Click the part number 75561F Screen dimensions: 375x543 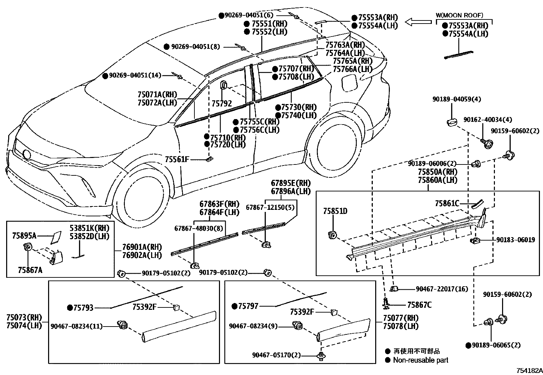tap(177, 159)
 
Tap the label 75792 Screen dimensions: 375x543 tap(221, 103)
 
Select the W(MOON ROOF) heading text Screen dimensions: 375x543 tap(459, 15)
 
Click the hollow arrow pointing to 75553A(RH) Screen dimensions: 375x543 tap(418, 22)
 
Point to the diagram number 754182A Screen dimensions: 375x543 tap(529, 371)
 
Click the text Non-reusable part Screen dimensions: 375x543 tap(420, 360)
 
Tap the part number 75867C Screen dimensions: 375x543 tap(419, 305)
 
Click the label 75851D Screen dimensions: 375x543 tap(335, 212)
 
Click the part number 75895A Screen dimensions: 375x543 tap(24, 235)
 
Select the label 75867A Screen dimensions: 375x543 tap(30, 270)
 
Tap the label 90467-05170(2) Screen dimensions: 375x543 tap(277, 355)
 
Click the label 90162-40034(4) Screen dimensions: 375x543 tap(487, 120)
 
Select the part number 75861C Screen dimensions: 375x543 tap(447, 204)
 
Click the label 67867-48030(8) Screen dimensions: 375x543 tap(194, 228)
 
